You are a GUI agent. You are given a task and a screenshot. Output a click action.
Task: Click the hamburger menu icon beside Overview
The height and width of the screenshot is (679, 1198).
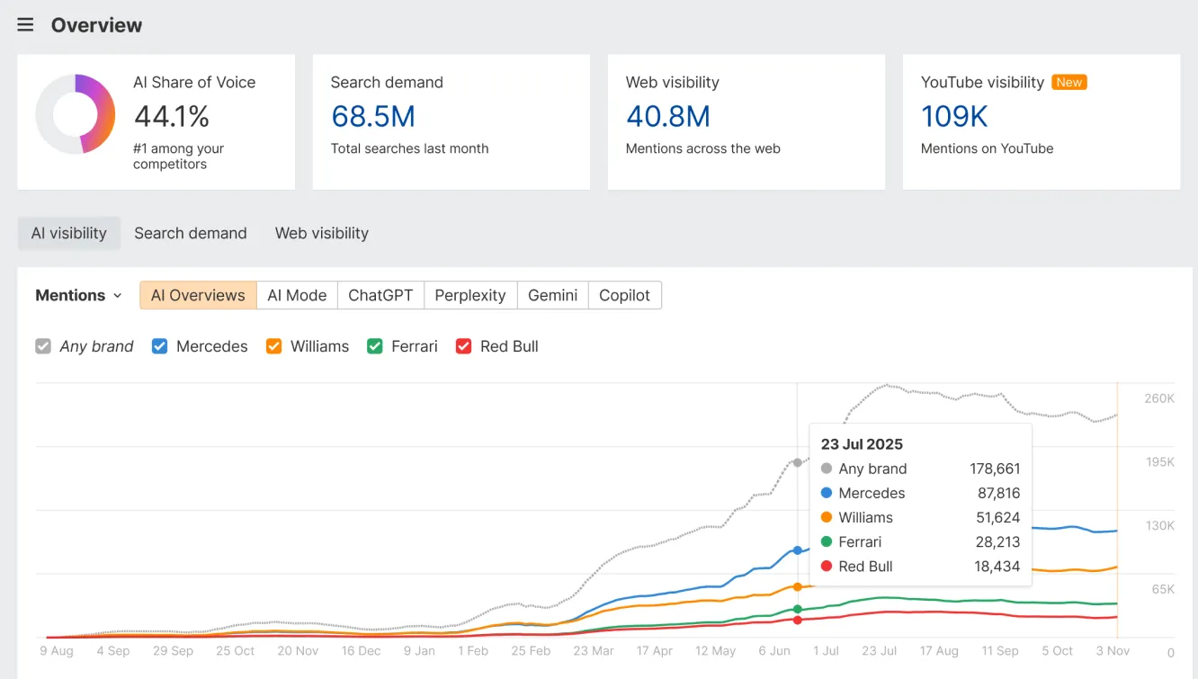(x=25, y=25)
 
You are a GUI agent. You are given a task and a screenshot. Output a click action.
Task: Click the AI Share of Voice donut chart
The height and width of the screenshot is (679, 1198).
(x=76, y=114)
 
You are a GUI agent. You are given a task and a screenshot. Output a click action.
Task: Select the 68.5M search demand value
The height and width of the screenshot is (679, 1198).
(x=372, y=117)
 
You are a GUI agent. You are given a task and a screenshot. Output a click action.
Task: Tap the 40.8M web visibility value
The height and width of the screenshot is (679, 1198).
(x=667, y=117)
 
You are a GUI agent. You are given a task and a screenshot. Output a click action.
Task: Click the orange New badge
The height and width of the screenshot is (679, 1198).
(x=1068, y=82)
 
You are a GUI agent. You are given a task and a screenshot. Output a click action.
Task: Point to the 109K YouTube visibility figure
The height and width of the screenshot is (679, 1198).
(x=953, y=117)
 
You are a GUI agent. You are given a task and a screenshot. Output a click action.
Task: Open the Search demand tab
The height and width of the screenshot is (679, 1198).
(x=190, y=233)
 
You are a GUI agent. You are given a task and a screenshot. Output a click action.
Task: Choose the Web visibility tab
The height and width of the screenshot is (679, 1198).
(x=321, y=233)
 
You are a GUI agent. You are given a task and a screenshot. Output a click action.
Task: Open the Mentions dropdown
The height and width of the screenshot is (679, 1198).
(x=78, y=295)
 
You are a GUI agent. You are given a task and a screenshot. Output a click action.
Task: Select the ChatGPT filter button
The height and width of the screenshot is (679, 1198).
(x=380, y=295)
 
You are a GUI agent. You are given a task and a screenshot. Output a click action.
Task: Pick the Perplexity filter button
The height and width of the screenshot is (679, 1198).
(x=469, y=295)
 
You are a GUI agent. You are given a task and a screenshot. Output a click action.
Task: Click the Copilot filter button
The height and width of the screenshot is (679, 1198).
(x=624, y=295)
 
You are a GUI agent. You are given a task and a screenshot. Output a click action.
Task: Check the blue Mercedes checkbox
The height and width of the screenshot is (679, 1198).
(x=160, y=346)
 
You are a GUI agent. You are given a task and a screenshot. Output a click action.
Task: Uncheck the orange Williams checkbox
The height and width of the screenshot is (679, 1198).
(x=274, y=346)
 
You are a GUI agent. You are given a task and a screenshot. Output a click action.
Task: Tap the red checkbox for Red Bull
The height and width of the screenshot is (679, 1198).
(x=464, y=346)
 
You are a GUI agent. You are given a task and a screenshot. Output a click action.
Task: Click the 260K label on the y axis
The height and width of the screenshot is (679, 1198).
(x=1158, y=398)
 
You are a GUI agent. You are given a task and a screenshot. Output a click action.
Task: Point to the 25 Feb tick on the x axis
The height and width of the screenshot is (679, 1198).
(x=531, y=650)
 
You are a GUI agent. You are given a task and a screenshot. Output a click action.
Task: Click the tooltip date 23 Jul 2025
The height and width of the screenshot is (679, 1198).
(x=862, y=444)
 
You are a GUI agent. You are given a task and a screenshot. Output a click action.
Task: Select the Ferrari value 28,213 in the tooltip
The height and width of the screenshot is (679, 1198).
(x=997, y=542)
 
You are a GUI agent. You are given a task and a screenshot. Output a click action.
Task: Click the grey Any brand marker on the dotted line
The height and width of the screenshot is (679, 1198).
(x=797, y=462)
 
